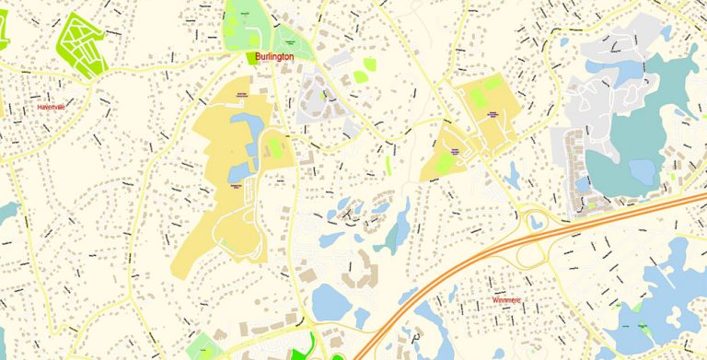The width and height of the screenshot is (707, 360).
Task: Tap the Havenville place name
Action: [x=52, y=107]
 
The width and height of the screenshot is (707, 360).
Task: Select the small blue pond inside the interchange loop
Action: [x=535, y=221]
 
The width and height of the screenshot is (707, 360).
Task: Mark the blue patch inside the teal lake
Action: [x=641, y=170]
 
